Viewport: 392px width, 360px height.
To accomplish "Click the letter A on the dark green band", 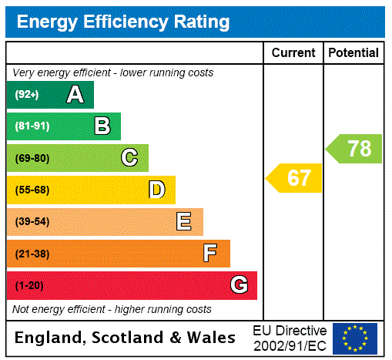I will point(75,95).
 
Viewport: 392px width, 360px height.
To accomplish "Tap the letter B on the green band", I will point(102,126).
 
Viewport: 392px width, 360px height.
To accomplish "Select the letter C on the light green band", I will point(129,158).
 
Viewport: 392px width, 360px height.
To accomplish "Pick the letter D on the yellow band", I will point(157,190).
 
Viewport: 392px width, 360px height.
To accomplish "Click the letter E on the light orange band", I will point(184,222).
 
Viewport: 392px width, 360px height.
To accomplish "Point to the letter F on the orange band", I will point(210,254).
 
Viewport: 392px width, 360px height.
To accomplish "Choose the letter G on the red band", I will point(239,285).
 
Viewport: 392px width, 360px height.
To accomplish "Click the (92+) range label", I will point(27,95).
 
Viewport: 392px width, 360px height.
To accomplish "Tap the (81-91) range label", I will point(32,126).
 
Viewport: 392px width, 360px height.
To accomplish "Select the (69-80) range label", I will point(32,159).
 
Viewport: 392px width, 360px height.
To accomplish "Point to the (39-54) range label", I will point(32,222).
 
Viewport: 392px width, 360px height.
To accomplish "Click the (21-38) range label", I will point(32,254).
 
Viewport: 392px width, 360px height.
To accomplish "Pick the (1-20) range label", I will point(29,286).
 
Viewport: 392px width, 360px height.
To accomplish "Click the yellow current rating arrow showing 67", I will point(295,178).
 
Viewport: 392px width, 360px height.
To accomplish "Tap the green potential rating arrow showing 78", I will point(355,148).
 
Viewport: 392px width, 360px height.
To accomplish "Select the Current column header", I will point(293,53).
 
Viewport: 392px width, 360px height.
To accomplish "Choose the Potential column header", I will point(353,53).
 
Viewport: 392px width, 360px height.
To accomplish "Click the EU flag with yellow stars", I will point(355,338).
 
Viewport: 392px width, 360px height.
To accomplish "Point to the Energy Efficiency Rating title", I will point(123,22).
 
